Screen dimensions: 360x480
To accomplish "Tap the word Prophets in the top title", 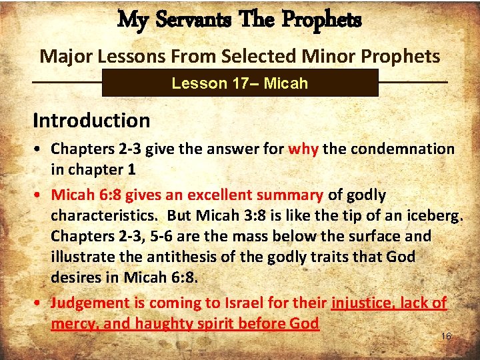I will [x=321, y=20].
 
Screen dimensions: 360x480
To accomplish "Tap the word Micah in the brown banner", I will [x=286, y=83].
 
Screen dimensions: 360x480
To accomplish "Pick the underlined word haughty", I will [x=165, y=323].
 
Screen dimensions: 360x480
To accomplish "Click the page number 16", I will [x=446, y=337].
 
